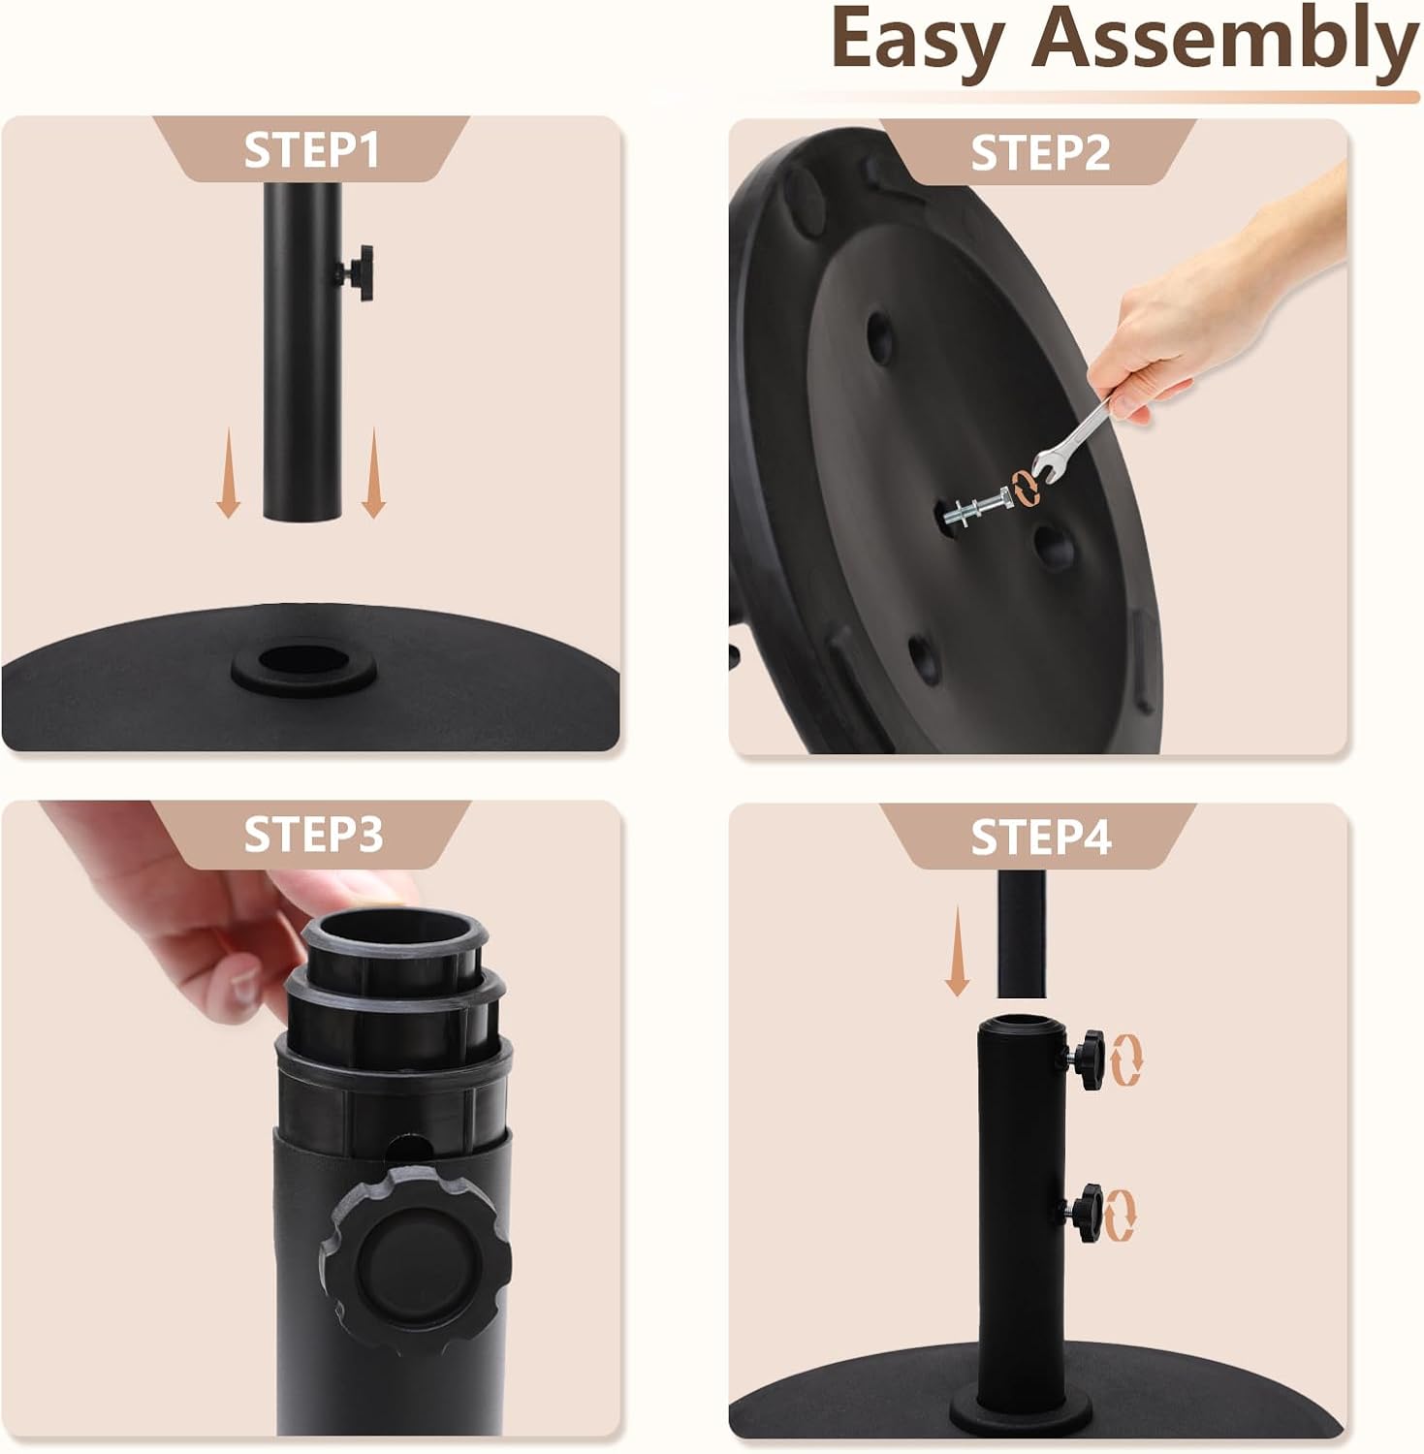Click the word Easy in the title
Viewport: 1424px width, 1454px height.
[916, 41]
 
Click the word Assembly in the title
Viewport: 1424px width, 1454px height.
[1224, 41]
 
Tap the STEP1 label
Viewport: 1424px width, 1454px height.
[311, 150]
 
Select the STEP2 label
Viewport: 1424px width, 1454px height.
[1039, 153]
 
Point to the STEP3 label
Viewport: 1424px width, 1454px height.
[312, 835]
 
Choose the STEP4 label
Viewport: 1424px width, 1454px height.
[1039, 837]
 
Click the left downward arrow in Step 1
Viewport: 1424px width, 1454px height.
[229, 474]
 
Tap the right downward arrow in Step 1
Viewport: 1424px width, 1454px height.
[373, 474]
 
